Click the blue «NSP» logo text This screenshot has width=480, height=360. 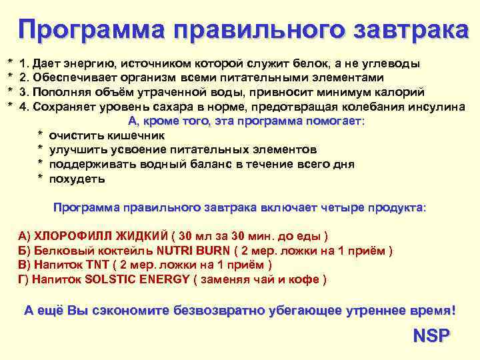click(x=431, y=335)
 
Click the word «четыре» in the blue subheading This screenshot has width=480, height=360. click(x=329, y=208)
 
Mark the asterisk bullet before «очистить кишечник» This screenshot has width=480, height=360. click(x=41, y=136)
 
